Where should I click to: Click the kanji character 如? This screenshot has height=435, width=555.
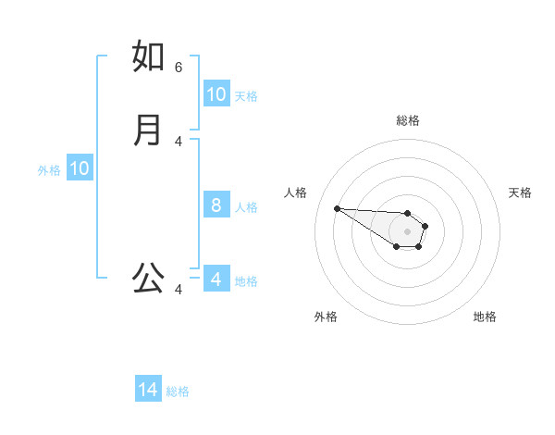pyautogui.click(x=149, y=56)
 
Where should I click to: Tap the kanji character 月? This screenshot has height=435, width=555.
pyautogui.click(x=148, y=130)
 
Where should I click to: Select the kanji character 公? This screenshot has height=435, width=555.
pyautogui.click(x=148, y=278)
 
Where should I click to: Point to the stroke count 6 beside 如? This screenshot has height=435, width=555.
pyautogui.click(x=179, y=67)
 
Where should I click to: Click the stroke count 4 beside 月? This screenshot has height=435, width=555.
pyautogui.click(x=179, y=141)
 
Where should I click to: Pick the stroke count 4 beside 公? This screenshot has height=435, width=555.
pyautogui.click(x=179, y=290)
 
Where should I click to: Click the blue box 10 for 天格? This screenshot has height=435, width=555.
pyautogui.click(x=216, y=94)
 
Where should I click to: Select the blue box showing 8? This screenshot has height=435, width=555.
pyautogui.click(x=216, y=205)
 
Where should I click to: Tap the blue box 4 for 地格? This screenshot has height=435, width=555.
pyautogui.click(x=216, y=280)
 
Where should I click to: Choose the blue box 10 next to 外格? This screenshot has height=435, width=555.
pyautogui.click(x=79, y=168)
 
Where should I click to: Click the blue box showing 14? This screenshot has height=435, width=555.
pyautogui.click(x=148, y=391)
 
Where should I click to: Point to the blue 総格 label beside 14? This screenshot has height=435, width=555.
pyautogui.click(x=178, y=391)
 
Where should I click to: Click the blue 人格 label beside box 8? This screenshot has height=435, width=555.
pyautogui.click(x=246, y=206)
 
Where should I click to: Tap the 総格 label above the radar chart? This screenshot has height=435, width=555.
pyautogui.click(x=407, y=120)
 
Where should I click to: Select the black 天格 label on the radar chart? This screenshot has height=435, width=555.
pyautogui.click(x=520, y=193)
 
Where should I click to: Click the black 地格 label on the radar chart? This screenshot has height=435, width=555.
pyautogui.click(x=485, y=317)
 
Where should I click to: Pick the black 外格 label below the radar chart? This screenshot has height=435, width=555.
pyautogui.click(x=326, y=317)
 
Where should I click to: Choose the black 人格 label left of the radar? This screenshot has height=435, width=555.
pyautogui.click(x=295, y=193)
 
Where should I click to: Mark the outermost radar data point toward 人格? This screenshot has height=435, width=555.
pyautogui.click(x=337, y=208)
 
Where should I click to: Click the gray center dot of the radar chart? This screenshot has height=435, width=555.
pyautogui.click(x=407, y=231)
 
